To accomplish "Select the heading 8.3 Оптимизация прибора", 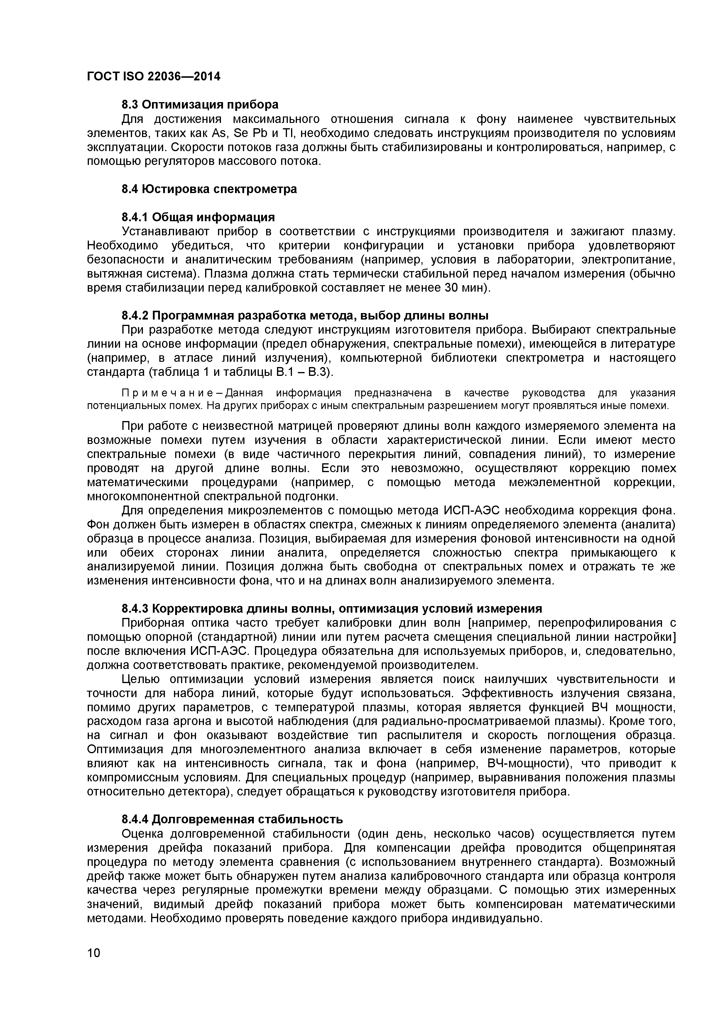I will (200, 104).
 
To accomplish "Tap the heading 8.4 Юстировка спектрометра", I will (209, 189).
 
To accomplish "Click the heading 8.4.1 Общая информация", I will (198, 217).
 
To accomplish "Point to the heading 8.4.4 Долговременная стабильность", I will (232, 819).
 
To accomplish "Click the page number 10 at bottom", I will (94, 965).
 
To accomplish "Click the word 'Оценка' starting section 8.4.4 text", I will (143, 834).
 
